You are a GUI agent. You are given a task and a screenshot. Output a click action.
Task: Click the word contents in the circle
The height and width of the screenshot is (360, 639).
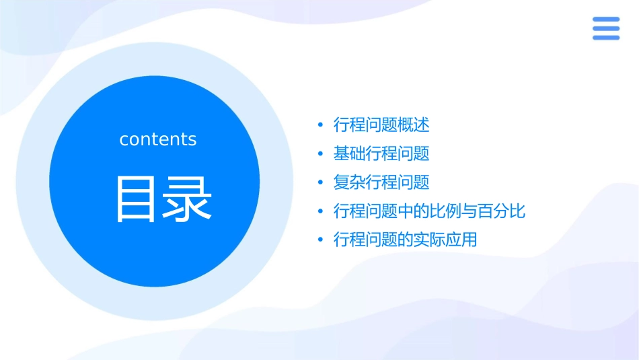click(x=158, y=139)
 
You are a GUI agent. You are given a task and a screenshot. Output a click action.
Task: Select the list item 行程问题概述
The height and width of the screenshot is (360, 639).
click(x=381, y=124)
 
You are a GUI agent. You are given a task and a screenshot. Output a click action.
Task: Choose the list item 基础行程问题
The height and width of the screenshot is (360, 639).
click(x=381, y=153)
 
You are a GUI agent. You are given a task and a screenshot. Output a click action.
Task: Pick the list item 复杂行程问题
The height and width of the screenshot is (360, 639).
click(x=381, y=182)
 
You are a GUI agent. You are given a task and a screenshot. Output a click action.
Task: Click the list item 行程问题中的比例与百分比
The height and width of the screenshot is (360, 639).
click(x=429, y=211)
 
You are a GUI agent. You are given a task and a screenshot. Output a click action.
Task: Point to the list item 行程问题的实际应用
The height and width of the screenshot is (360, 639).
click(x=405, y=240)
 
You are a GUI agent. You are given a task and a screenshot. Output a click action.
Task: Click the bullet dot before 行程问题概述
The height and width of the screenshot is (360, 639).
click(x=320, y=125)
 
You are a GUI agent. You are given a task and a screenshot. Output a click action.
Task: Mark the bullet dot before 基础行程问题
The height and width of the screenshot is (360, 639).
click(x=320, y=154)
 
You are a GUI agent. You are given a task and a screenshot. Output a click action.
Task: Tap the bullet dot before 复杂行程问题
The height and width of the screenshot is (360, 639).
click(x=320, y=183)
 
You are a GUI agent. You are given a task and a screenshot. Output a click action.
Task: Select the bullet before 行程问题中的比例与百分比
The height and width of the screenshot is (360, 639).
click(x=320, y=212)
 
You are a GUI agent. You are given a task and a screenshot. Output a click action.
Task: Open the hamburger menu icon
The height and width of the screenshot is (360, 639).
click(x=606, y=28)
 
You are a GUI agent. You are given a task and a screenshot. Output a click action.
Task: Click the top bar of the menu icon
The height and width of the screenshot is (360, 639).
click(x=606, y=20)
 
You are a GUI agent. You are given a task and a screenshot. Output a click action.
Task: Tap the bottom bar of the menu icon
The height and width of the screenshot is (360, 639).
click(x=606, y=37)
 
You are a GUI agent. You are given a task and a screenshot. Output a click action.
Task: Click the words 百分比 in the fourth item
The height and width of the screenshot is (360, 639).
click(x=502, y=211)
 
